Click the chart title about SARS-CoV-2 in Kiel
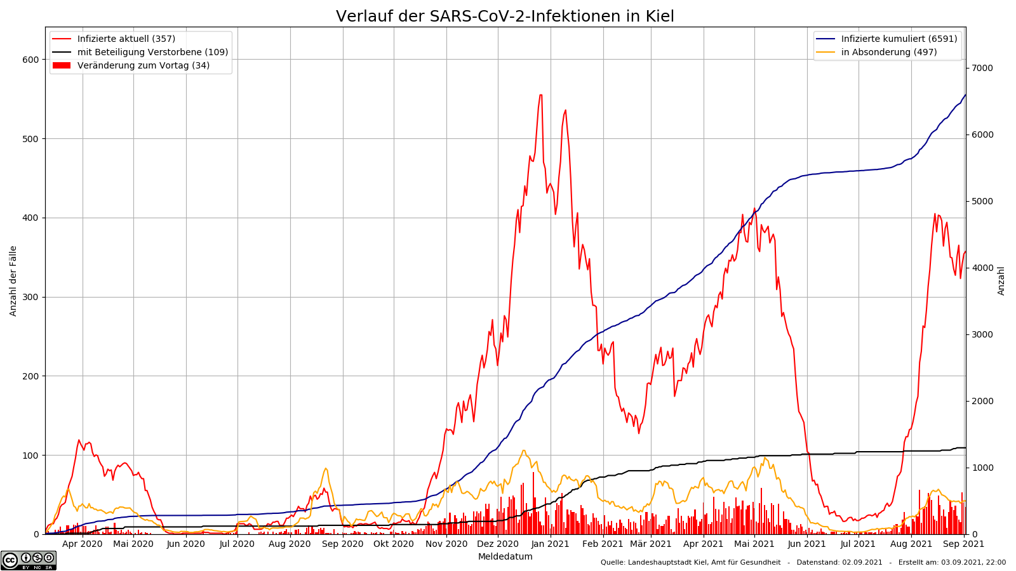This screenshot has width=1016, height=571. coord(505,16)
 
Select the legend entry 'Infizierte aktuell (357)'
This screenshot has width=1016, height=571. coord(126,39)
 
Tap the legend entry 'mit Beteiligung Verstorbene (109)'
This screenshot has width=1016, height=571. coord(152,52)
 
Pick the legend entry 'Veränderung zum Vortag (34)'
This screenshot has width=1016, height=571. coord(143,65)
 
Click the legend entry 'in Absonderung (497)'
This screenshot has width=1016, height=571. coord(888,52)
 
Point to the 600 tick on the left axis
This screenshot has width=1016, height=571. coord(31,60)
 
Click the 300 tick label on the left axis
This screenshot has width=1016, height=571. coord(31,297)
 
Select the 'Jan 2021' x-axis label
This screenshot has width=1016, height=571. coord(550,544)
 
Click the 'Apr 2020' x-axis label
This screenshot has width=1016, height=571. coord(83,544)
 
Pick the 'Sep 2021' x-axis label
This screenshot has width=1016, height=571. coord(963,544)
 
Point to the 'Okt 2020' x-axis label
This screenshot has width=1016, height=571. coord(394,544)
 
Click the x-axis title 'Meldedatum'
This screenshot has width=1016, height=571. coord(505,557)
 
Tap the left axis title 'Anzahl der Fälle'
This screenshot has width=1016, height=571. coord(13,280)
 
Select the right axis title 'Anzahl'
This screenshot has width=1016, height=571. coord(1001,280)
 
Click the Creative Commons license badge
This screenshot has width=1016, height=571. coord(29,560)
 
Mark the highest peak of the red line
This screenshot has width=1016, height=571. coord(540,95)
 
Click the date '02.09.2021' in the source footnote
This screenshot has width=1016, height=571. coord(862,562)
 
